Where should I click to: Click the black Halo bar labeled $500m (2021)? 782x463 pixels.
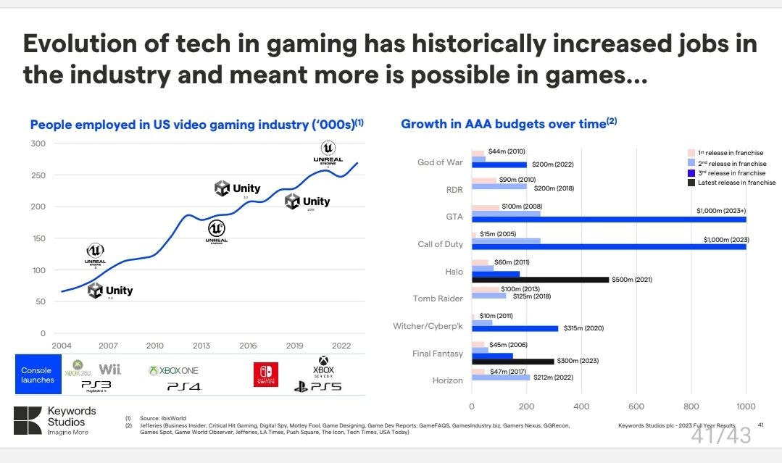point(540,279)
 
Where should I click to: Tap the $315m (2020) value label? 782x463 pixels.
point(583,328)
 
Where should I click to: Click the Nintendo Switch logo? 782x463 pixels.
point(265,374)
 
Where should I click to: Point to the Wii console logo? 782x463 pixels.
point(109,370)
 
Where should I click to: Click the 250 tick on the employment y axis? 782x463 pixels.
point(38,175)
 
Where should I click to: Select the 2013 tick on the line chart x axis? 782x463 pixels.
point(201,346)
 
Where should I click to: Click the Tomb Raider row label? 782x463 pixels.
point(438,299)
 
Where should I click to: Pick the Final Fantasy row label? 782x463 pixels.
point(437,354)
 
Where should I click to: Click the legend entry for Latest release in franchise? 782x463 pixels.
point(731,183)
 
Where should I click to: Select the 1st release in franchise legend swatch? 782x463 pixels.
point(691,153)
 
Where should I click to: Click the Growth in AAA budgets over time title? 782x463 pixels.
point(509,124)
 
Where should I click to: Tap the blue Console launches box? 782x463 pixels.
point(37,375)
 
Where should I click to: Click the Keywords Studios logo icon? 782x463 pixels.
point(28,420)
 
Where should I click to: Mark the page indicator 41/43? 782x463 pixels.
point(720,435)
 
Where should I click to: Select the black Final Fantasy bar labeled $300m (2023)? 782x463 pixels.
point(512,361)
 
